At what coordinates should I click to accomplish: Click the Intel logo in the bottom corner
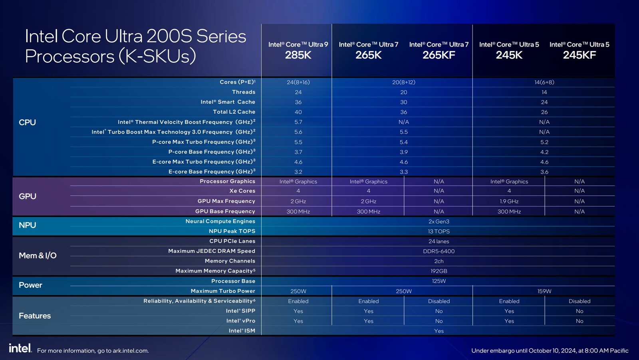[20, 348]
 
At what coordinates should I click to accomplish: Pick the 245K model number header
[509, 55]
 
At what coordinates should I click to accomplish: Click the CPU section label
[27, 123]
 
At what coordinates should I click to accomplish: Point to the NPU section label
[27, 225]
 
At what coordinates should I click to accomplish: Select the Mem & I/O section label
[38, 255]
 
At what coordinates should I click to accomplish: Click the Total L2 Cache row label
[234, 112]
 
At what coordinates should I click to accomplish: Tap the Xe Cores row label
[242, 191]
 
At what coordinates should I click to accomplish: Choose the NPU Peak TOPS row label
[232, 231]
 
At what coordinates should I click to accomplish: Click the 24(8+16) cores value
[298, 82]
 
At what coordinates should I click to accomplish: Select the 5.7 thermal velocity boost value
[298, 122]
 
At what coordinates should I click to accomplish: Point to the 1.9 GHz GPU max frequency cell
[509, 202]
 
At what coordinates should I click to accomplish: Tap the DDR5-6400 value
[439, 251]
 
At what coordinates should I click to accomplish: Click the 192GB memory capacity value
[439, 271]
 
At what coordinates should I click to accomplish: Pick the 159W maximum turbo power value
[544, 291]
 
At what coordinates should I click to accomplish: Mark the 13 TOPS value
[439, 231]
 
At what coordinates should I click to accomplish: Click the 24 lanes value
[439, 241]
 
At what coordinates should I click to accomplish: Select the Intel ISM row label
[242, 330]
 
